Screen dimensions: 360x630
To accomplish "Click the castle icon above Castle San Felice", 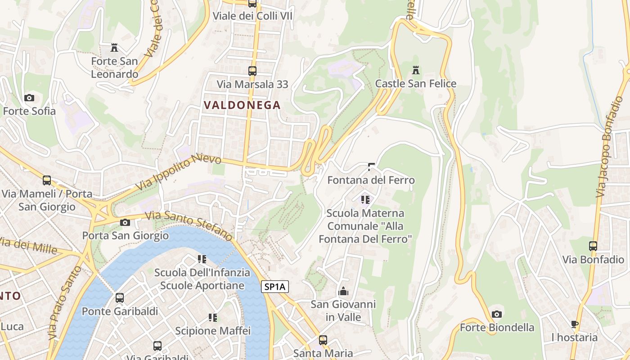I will coord(416,70).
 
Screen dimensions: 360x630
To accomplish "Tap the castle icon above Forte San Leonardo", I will coord(114,48).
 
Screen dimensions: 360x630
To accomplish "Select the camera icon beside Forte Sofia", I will coord(29,98).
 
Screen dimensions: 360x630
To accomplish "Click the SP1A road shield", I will coord(275,287).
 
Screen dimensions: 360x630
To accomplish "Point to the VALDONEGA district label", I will coord(242,105).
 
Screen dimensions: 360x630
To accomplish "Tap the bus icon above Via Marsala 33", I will coord(252,71).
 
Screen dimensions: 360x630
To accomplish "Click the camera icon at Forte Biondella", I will coord(497,314).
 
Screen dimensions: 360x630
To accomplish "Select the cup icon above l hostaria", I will coord(575,324).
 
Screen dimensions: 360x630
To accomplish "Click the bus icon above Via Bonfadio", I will coord(593,246).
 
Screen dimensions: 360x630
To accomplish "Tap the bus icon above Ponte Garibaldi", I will coord(120,298).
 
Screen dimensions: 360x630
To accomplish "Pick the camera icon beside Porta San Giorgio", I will coord(125,222).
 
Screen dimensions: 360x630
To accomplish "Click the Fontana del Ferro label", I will coord(371,180).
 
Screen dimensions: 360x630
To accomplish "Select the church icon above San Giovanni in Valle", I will coord(343,291).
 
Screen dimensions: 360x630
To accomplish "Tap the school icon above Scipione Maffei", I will coord(213,318).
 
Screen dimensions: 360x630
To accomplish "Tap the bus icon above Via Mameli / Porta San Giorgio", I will coord(47,180).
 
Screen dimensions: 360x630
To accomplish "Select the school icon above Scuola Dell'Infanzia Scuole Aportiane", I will coord(202,259).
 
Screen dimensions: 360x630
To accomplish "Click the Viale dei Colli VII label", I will coord(252,16).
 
